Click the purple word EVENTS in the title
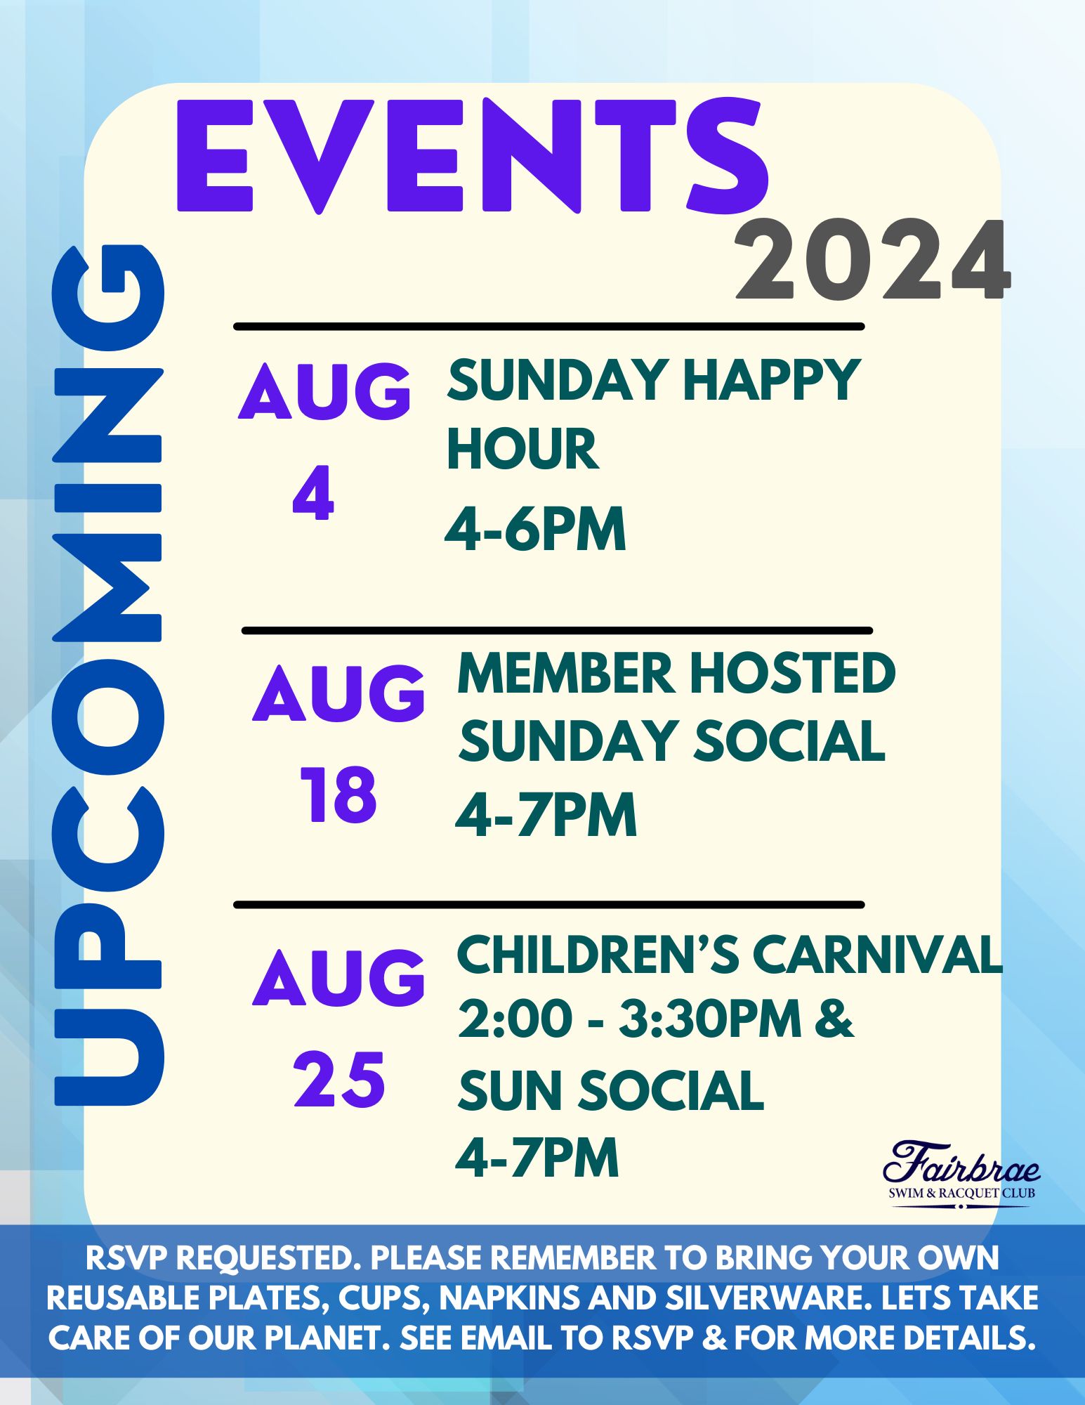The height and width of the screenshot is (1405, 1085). (x=473, y=156)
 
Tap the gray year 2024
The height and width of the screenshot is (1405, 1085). (x=872, y=261)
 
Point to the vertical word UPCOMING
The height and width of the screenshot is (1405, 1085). (x=108, y=675)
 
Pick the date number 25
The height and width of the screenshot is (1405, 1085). (x=339, y=1079)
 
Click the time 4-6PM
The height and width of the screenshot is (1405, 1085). (x=535, y=528)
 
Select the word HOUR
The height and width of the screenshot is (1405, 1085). (x=522, y=449)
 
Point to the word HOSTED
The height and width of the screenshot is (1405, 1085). (x=791, y=673)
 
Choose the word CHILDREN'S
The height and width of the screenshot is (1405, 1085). (x=598, y=955)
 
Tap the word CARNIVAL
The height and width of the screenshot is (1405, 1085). (x=877, y=955)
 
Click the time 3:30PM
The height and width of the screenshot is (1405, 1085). (x=710, y=1019)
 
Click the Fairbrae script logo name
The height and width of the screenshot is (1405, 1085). (x=961, y=1165)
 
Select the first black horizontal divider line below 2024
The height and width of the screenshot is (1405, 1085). (x=548, y=327)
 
